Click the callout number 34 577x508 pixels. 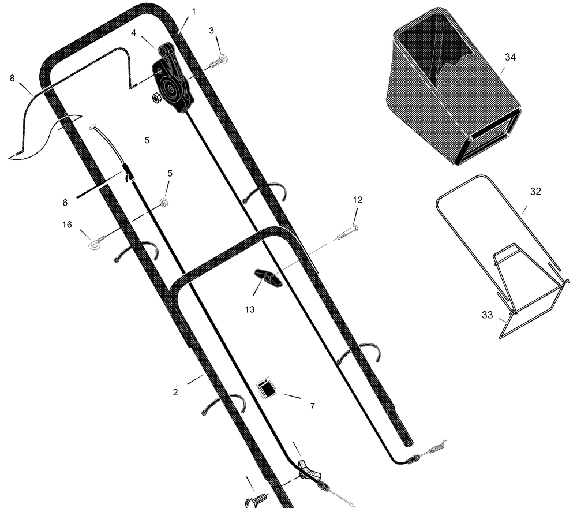tap(510, 57)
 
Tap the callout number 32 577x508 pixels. tap(535, 192)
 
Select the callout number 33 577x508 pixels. tap(487, 315)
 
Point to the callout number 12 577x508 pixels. tap(358, 200)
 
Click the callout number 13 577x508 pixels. tap(249, 309)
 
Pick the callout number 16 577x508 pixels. tap(67, 225)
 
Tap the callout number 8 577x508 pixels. tap(12, 78)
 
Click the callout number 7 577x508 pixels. tap(312, 406)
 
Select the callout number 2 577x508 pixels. tap(175, 393)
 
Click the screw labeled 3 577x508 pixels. tap(219, 61)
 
